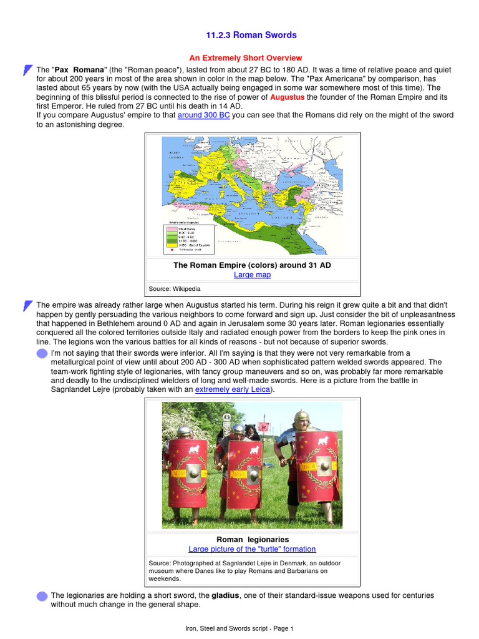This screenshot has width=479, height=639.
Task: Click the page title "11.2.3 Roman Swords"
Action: click(251, 35)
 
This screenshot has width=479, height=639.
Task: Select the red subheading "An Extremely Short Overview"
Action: click(245, 58)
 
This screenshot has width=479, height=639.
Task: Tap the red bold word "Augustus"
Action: click(287, 98)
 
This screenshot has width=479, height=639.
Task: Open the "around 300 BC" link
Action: click(204, 115)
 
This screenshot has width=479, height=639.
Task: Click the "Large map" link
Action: click(252, 275)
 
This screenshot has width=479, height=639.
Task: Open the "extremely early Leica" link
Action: click(233, 389)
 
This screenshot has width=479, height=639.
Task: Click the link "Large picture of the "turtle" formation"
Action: click(252, 549)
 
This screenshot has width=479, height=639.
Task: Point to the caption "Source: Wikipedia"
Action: click(174, 289)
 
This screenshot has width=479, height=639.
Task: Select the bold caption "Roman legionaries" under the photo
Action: click(252, 539)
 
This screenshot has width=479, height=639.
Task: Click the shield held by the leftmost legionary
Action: click(188, 473)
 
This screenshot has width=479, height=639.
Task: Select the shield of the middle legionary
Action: click(244, 474)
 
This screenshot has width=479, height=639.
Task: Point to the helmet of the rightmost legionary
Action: click(302, 416)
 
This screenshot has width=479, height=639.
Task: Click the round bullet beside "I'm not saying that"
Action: click(42, 354)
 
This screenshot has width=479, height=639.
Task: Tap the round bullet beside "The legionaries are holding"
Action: click(42, 596)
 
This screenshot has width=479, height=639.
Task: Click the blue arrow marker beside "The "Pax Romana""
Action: click(27, 70)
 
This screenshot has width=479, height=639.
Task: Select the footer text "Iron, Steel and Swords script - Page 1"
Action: click(239, 628)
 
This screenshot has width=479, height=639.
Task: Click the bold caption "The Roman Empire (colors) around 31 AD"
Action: click(252, 265)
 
